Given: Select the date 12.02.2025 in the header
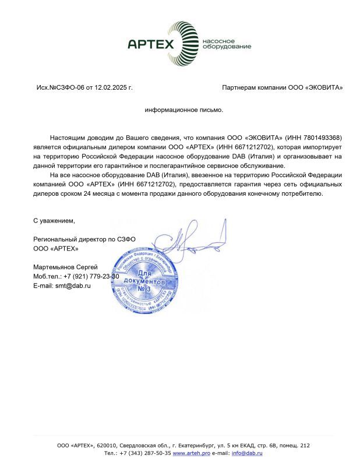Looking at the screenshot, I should (x=112, y=87).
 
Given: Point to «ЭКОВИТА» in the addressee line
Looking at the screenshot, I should (x=324, y=87).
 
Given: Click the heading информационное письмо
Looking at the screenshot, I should (x=184, y=109).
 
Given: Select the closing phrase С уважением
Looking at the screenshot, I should (x=54, y=221).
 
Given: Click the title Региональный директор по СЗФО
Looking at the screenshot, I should (x=84, y=239).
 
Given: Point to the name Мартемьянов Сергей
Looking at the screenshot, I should (x=65, y=267).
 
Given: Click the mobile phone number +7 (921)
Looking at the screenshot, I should (x=78, y=277).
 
